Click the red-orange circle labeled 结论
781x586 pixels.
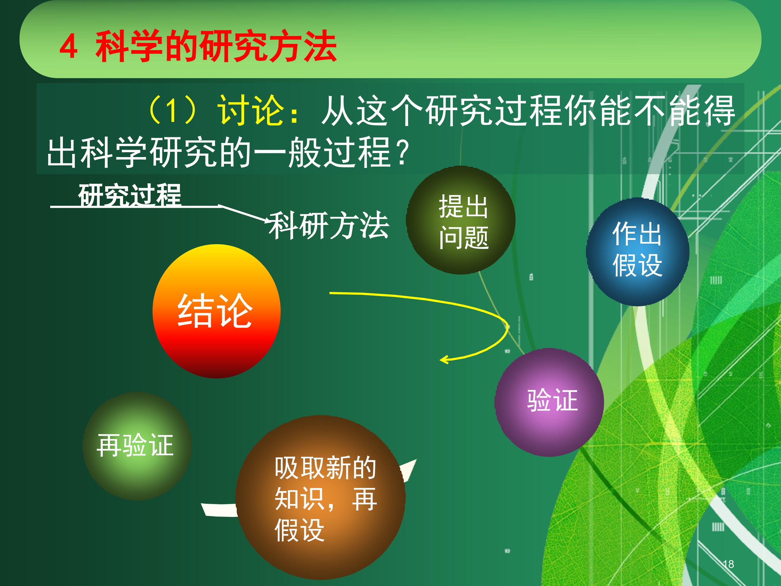pos(216,311)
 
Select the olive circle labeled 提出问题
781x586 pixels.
pos(461,220)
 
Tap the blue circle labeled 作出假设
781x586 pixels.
pos(638,251)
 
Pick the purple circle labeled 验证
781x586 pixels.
pos(549,402)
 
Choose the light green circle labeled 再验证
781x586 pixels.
pos(137,446)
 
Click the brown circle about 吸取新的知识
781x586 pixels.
pos(321,497)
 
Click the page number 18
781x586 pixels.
pos(728,564)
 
